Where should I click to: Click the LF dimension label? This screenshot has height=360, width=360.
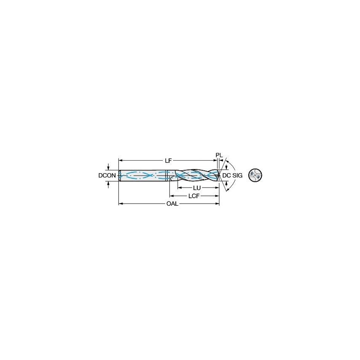[168, 160]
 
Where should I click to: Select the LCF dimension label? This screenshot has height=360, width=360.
[194, 196]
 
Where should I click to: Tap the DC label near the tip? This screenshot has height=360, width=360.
[227, 175]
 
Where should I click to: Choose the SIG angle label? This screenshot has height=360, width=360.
[237, 175]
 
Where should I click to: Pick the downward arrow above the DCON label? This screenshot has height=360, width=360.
[110, 168]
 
